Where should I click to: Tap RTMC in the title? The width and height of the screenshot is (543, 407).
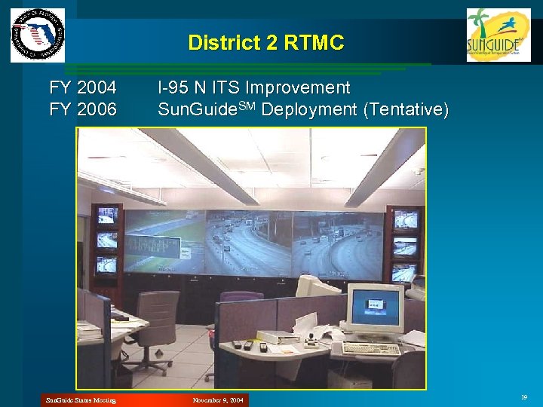314,43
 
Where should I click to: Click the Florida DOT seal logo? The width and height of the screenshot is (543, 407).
38,35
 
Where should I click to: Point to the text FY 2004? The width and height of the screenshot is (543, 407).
83,88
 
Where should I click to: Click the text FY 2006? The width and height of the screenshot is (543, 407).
83,110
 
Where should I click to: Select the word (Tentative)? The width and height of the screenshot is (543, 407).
406,110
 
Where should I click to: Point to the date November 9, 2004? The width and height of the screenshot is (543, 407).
217,399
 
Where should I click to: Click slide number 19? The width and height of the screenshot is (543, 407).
523,396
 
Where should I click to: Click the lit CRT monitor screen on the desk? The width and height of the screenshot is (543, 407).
374,307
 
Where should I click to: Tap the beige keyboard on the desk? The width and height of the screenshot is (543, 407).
370,348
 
